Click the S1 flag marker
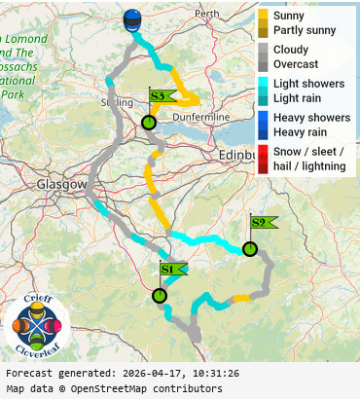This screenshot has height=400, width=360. coord(168,269)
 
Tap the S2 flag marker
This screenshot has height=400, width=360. coord(260,223)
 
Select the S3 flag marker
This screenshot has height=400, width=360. coord(159,96)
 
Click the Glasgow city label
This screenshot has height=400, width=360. coord(61,184)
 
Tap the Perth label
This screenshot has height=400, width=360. coord(207,15)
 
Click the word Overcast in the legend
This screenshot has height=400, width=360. coord(298,64)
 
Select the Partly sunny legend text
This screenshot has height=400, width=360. coord(305,30)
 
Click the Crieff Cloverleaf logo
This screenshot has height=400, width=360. coord(37,325)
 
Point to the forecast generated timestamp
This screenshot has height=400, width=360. coord(122,373)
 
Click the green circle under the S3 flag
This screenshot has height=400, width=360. coord(148,123)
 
